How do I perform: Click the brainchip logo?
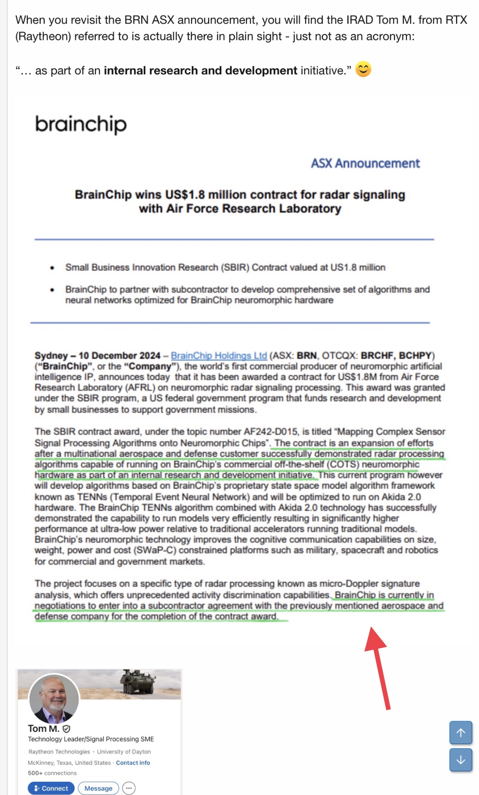[81, 124]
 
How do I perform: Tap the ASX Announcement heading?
[365, 163]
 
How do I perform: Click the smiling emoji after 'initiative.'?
[363, 69]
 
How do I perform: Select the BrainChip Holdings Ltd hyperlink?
[219, 356]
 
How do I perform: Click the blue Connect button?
[51, 788]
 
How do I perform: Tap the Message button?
[98, 788]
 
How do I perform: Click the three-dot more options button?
[129, 788]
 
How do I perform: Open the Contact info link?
[133, 763]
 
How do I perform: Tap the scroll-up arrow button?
[461, 733]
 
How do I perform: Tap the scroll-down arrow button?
[461, 760]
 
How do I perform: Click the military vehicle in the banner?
[137, 682]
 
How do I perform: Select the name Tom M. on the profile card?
[44, 728]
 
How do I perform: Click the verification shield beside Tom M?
[66, 729]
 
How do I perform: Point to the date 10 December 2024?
[119, 356]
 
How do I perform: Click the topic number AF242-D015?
[271, 432]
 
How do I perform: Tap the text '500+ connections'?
[52, 773]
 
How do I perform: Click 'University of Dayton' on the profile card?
[124, 752]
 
